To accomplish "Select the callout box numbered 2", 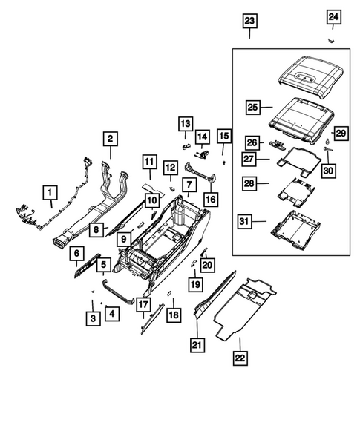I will point(110,139).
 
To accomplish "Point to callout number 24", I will point(333,16).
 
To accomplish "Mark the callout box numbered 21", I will point(197,344).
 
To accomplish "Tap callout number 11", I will point(148,162).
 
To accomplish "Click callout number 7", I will point(189,183).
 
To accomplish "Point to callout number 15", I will point(224,136).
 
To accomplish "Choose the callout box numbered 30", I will point(329,171).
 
